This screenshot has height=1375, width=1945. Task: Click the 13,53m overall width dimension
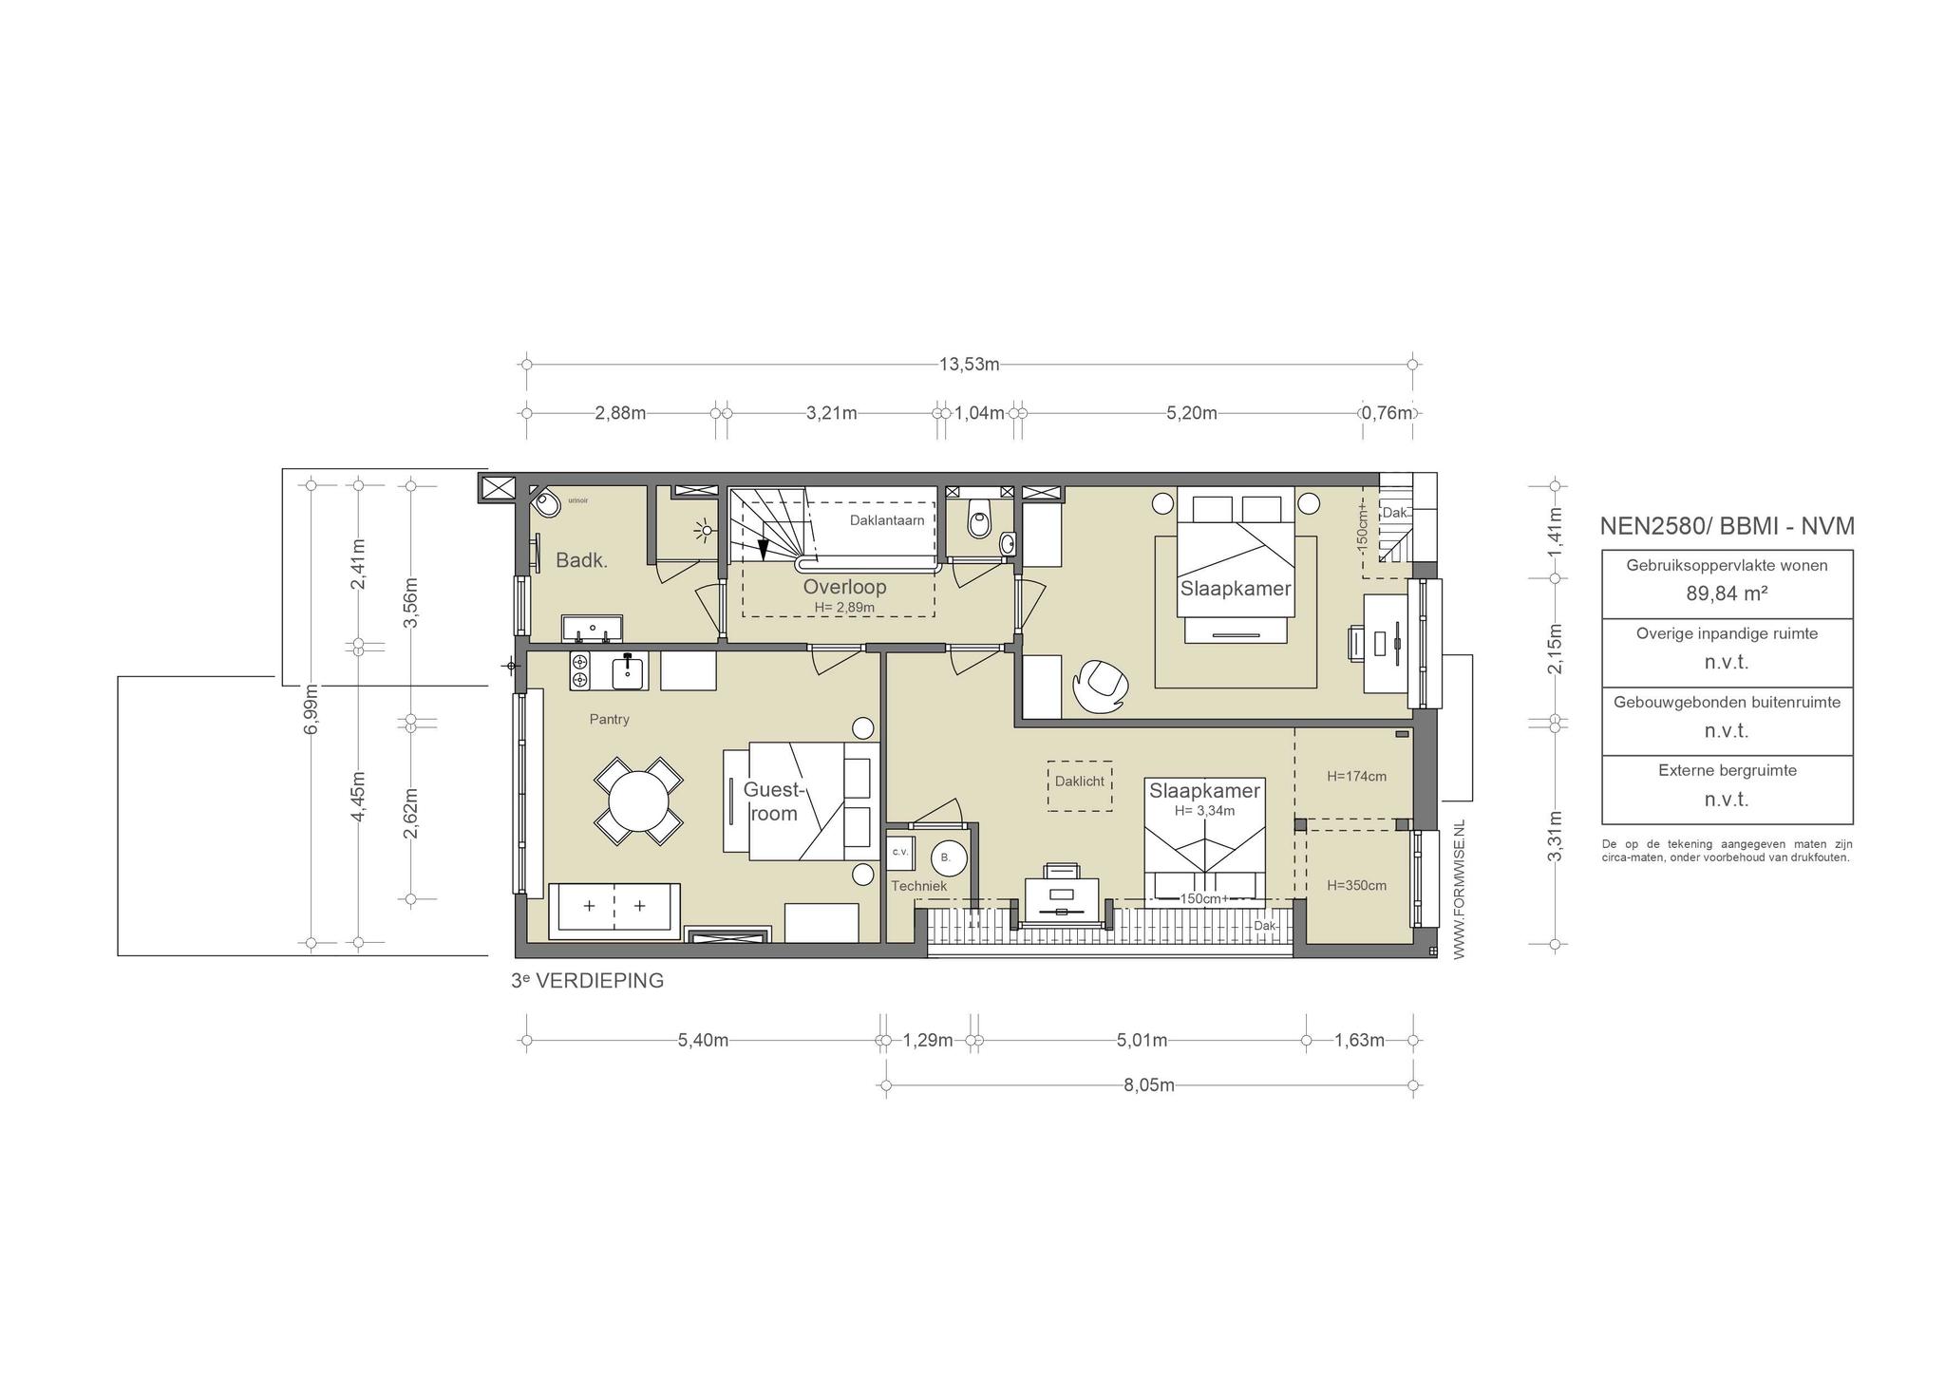click(x=970, y=364)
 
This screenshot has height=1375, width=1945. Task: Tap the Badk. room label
click(x=581, y=560)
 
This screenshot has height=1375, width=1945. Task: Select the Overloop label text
click(x=844, y=587)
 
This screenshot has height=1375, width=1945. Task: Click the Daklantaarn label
click(x=887, y=520)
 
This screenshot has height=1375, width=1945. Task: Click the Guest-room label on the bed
click(x=774, y=801)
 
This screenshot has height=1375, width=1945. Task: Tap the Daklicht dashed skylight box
click(x=1080, y=785)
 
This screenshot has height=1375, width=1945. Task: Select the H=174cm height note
click(x=1356, y=776)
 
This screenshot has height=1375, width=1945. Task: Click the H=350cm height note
click(x=1356, y=885)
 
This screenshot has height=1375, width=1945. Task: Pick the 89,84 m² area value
click(x=1727, y=593)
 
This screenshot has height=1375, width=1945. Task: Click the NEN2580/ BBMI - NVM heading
click(x=1727, y=526)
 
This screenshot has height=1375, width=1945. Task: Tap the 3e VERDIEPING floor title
click(x=587, y=981)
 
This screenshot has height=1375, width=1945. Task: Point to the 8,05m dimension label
click(x=1149, y=1085)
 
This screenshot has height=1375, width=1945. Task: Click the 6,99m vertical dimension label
click(x=312, y=708)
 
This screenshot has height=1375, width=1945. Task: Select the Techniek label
click(x=918, y=886)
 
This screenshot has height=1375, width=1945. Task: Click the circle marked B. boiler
click(x=947, y=857)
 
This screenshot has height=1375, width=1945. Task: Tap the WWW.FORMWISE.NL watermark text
click(x=1460, y=890)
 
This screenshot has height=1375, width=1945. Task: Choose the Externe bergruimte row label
click(x=1727, y=770)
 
